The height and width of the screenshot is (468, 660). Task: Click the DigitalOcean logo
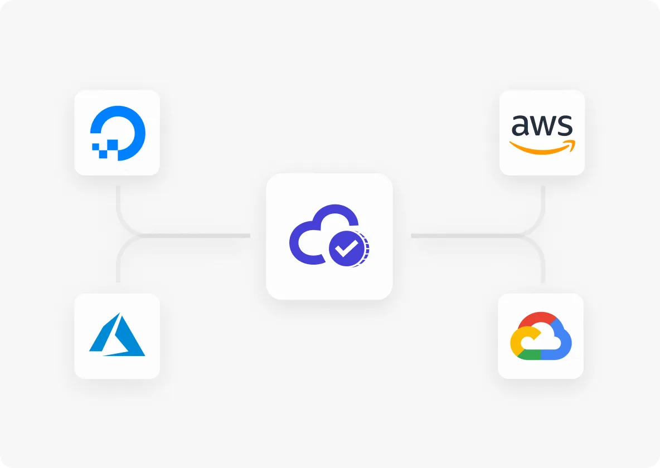click(x=118, y=133)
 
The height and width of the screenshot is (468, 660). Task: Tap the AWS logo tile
click(x=542, y=133)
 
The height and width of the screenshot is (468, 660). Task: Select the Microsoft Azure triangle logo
click(x=117, y=335)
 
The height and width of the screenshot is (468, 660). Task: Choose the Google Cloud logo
click(x=541, y=336)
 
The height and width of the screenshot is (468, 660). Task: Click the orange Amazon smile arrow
click(x=542, y=147)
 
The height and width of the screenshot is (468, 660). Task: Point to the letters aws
click(x=542, y=125)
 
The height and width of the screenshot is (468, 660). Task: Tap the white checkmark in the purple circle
click(x=346, y=248)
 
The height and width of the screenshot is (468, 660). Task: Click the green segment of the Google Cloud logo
click(x=529, y=354)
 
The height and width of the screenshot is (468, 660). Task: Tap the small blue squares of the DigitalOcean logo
click(x=105, y=149)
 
